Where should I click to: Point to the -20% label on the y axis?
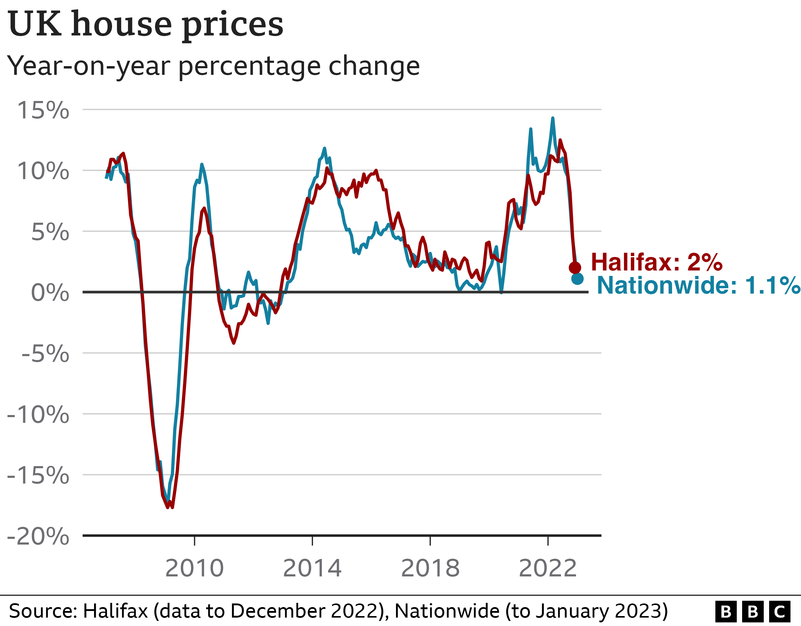(38, 536)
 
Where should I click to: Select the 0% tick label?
(50, 293)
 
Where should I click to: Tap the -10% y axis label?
(38, 415)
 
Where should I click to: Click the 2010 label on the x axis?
(194, 568)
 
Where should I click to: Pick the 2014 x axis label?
(312, 568)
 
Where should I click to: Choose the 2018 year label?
(430, 568)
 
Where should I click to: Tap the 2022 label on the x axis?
(548, 568)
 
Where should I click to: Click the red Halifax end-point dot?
(575, 267)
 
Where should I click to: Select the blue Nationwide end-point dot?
(577, 279)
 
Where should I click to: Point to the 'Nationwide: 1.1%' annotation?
(698, 285)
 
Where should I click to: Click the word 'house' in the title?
(121, 24)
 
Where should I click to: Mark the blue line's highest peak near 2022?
(553, 118)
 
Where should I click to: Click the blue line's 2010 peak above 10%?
(202, 165)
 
